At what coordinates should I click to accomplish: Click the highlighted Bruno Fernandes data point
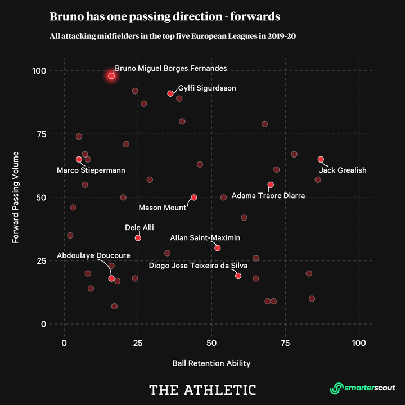[111, 75]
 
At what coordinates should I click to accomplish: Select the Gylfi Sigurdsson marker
[170, 93]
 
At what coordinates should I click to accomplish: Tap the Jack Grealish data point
[321, 159]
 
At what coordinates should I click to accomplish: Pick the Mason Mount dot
[194, 197]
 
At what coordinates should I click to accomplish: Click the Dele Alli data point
[138, 238]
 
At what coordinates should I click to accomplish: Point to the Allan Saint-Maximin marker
[218, 248]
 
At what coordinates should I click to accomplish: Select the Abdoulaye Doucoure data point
[111, 278]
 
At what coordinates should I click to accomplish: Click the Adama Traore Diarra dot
[271, 184]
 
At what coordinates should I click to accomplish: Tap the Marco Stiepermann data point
[79, 159]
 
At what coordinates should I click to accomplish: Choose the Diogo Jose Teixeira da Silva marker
[238, 276]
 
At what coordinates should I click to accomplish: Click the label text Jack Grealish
[343, 170]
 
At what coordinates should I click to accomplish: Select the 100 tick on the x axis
[358, 343]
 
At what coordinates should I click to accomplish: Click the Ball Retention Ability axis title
[211, 363]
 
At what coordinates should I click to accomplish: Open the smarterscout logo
[362, 388]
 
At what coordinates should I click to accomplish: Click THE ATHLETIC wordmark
[202, 390]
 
